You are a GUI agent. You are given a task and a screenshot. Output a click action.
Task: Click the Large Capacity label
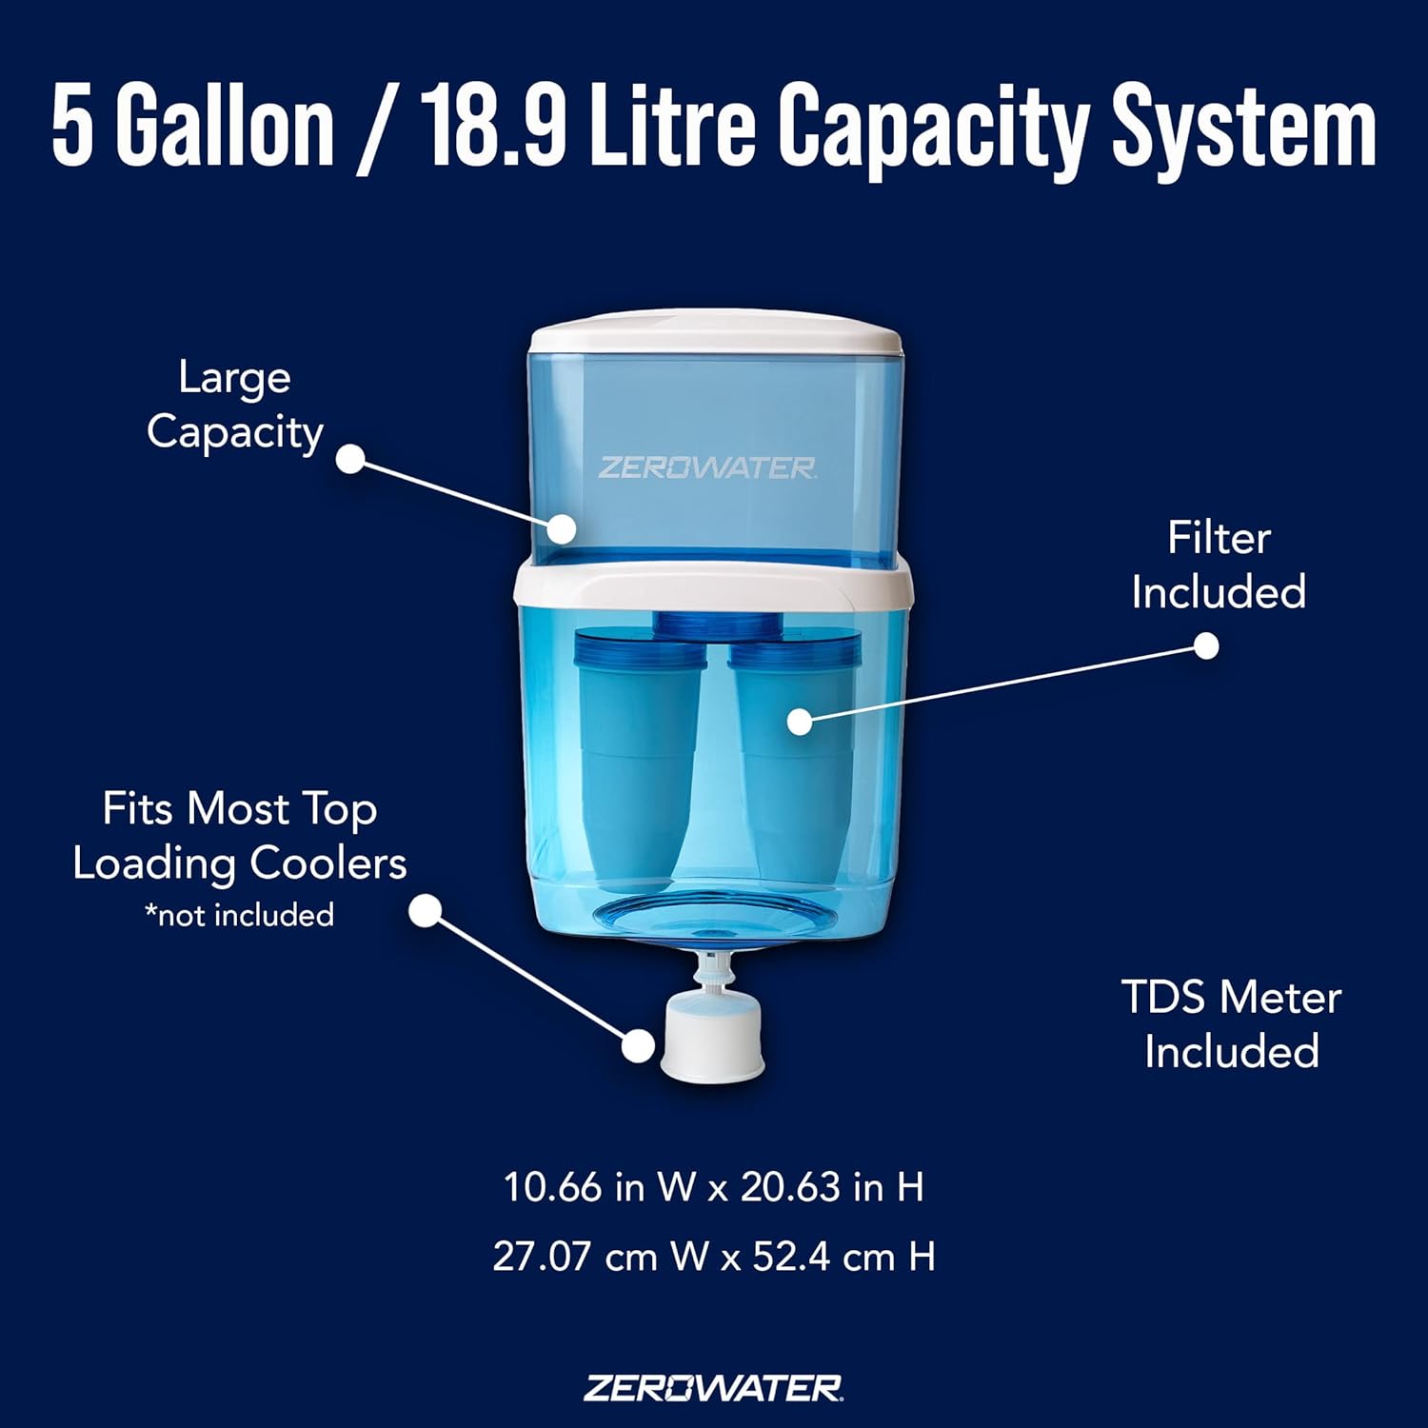click(x=235, y=405)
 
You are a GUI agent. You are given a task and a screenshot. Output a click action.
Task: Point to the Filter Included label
click(x=1219, y=565)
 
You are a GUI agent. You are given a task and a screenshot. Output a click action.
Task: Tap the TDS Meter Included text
click(x=1231, y=1024)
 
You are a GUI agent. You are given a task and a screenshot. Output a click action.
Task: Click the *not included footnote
click(x=239, y=915)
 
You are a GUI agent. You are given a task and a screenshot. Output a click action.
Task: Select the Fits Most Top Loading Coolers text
click(x=239, y=836)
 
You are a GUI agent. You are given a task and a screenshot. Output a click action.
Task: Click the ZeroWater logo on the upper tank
click(x=706, y=467)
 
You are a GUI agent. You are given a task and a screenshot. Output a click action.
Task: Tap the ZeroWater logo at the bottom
click(x=713, y=1388)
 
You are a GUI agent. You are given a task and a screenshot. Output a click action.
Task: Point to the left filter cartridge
click(x=636, y=752)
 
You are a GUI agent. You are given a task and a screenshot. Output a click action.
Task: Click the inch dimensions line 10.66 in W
click(x=713, y=1187)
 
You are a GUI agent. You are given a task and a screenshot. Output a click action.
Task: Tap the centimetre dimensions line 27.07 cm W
click(x=713, y=1257)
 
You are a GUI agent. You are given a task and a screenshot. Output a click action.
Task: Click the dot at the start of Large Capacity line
click(x=351, y=459)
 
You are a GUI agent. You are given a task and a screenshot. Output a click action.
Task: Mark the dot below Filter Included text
click(x=1206, y=646)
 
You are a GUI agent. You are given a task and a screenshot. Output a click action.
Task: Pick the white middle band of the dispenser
click(x=714, y=583)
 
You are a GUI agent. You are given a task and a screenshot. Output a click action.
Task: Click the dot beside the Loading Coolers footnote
click(x=426, y=911)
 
